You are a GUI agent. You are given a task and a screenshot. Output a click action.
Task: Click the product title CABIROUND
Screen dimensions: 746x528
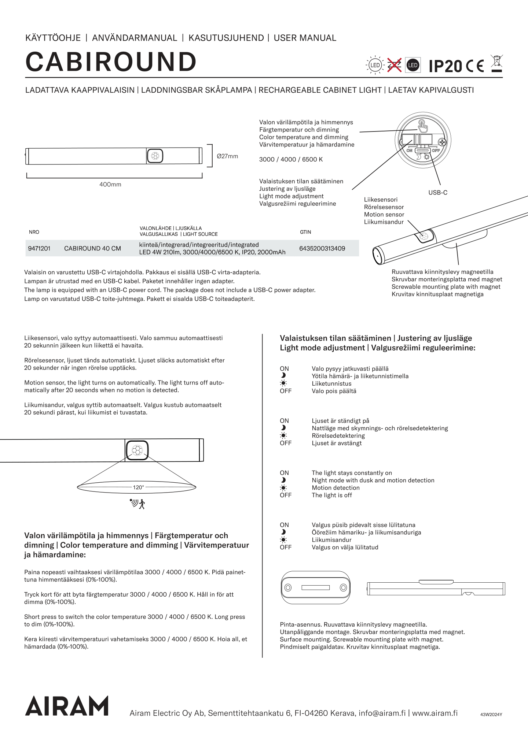coord(111,62)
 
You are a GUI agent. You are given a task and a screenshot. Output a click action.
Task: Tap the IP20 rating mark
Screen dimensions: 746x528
coord(445,66)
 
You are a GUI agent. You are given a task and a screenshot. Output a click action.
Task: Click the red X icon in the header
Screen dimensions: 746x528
coord(394,65)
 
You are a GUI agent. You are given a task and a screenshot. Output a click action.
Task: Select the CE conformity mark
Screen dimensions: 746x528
coord(475,66)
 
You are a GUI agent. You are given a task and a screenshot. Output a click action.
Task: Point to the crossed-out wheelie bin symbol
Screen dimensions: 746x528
coord(496,63)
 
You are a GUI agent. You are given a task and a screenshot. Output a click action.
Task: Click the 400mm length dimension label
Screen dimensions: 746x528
coord(110,185)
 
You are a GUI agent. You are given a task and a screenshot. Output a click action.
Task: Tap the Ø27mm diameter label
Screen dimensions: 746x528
coord(227,156)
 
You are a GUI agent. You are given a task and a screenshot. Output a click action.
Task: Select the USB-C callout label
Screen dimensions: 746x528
coord(438,193)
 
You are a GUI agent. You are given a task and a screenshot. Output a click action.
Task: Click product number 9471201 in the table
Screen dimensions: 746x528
coord(39,249)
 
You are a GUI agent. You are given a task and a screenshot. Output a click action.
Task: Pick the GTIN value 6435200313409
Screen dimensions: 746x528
coord(322,249)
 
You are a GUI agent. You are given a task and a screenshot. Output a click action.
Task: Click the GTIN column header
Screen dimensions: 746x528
coord(305,232)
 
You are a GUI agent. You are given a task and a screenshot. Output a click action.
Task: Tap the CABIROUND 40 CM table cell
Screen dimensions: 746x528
coord(92,249)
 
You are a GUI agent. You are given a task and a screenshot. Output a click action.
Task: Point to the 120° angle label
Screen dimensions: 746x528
coord(138,487)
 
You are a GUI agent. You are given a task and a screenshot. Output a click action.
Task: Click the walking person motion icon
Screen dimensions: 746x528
coord(142,504)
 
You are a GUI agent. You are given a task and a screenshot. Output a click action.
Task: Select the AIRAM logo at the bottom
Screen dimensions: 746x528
coord(67,706)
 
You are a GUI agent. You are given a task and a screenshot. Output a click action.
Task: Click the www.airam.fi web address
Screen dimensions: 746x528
coord(435,713)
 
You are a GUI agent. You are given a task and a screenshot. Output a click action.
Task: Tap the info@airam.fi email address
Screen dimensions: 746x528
coord(382,713)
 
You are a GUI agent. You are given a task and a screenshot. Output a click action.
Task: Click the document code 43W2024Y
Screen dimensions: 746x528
coord(491,715)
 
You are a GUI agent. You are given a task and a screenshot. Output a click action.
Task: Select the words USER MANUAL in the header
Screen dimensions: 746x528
coord(305,38)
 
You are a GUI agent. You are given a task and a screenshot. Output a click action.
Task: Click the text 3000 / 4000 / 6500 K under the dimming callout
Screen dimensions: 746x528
coord(291,160)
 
